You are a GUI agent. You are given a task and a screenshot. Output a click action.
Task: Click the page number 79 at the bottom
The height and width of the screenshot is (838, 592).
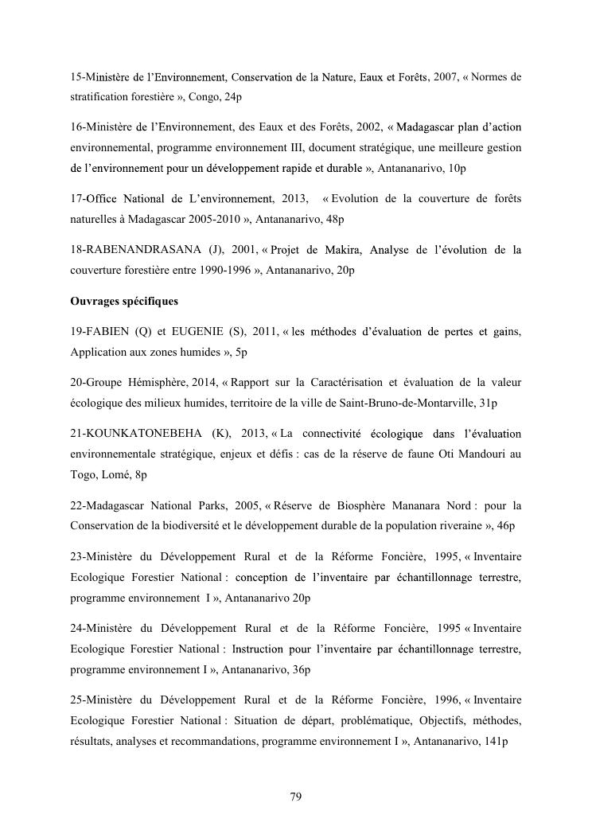point(295,797)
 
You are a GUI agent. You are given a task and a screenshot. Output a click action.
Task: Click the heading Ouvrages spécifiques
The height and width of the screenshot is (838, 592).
point(123,302)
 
